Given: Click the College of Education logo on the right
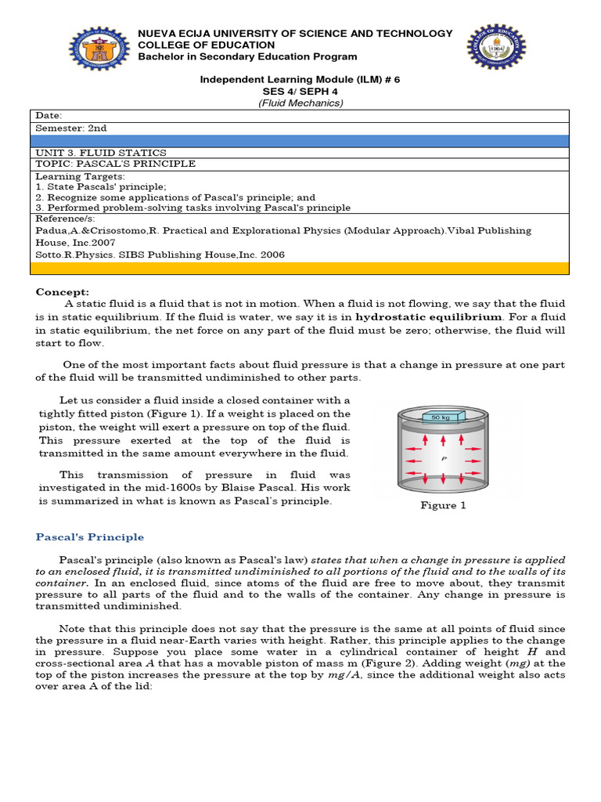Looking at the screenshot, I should (x=497, y=56).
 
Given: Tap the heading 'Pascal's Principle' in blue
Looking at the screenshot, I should (x=90, y=537).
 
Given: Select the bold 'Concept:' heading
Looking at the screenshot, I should (x=63, y=292).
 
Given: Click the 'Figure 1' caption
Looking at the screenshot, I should (x=443, y=505).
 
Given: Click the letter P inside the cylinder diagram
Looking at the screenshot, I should (x=444, y=460).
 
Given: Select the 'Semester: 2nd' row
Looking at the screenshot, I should (x=71, y=128).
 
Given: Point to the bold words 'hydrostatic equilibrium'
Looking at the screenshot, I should (x=428, y=317).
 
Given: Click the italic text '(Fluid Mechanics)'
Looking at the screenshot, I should (x=300, y=103).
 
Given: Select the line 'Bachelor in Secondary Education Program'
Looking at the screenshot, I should (x=247, y=56).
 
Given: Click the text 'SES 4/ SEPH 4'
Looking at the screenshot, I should (x=300, y=92).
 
